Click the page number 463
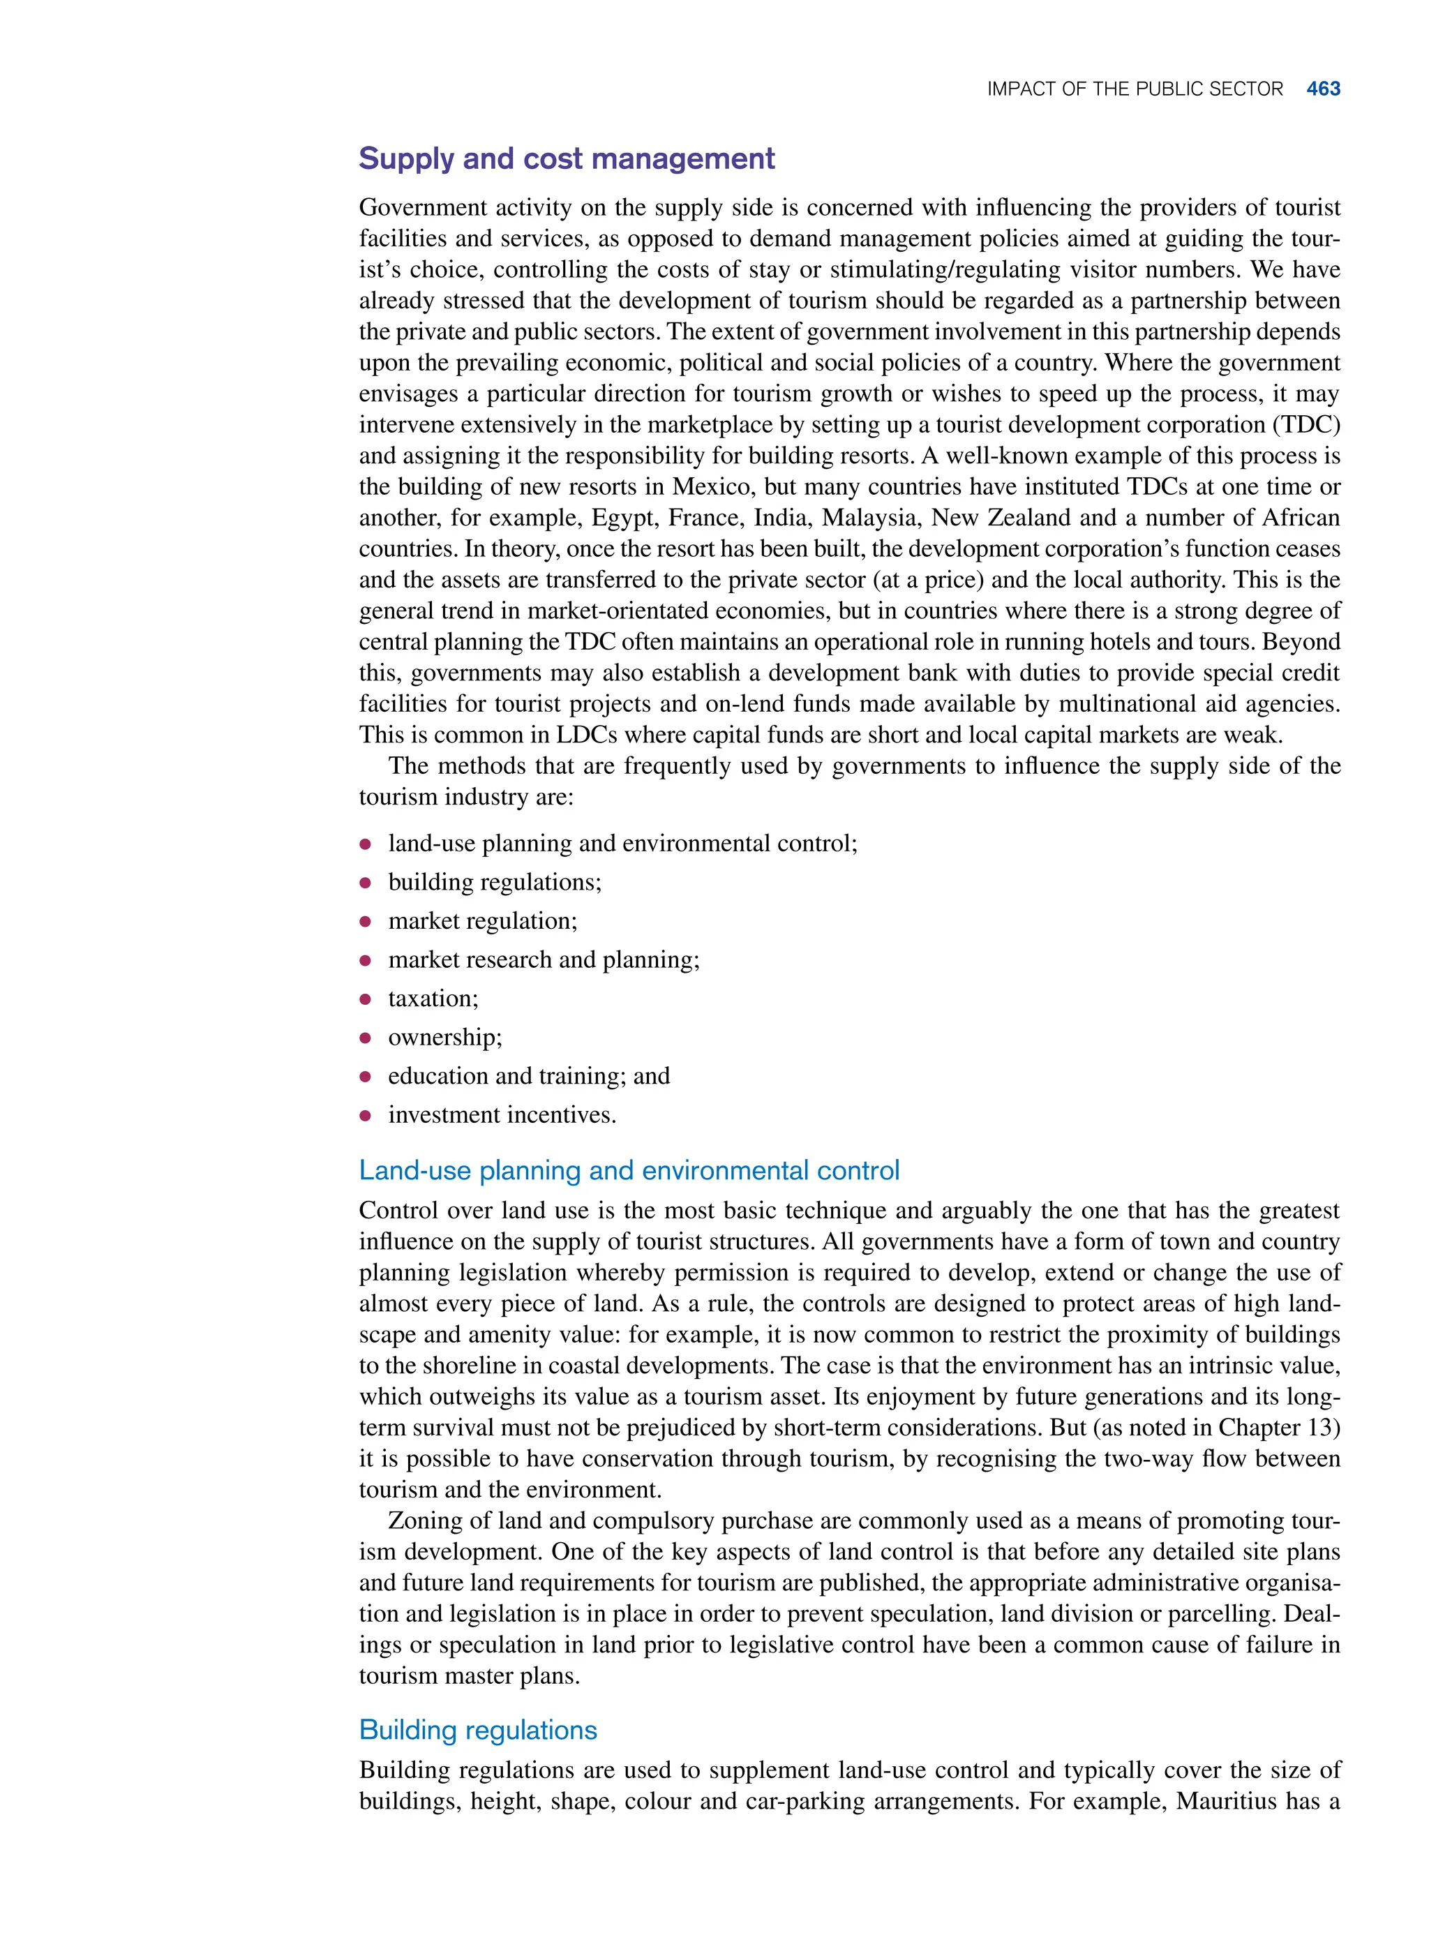pyautogui.click(x=1323, y=89)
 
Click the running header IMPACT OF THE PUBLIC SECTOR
pyautogui.click(x=1134, y=89)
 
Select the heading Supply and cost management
pyautogui.click(x=567, y=159)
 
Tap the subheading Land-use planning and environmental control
pyautogui.click(x=629, y=1170)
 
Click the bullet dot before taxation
pyautogui.click(x=366, y=999)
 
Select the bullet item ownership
pyautogui.click(x=444, y=1037)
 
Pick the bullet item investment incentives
pyautogui.click(x=502, y=1115)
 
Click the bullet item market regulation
pyautogui.click(x=482, y=921)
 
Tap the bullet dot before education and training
pyautogui.click(x=366, y=1077)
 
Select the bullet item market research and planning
pyautogui.click(x=544, y=960)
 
